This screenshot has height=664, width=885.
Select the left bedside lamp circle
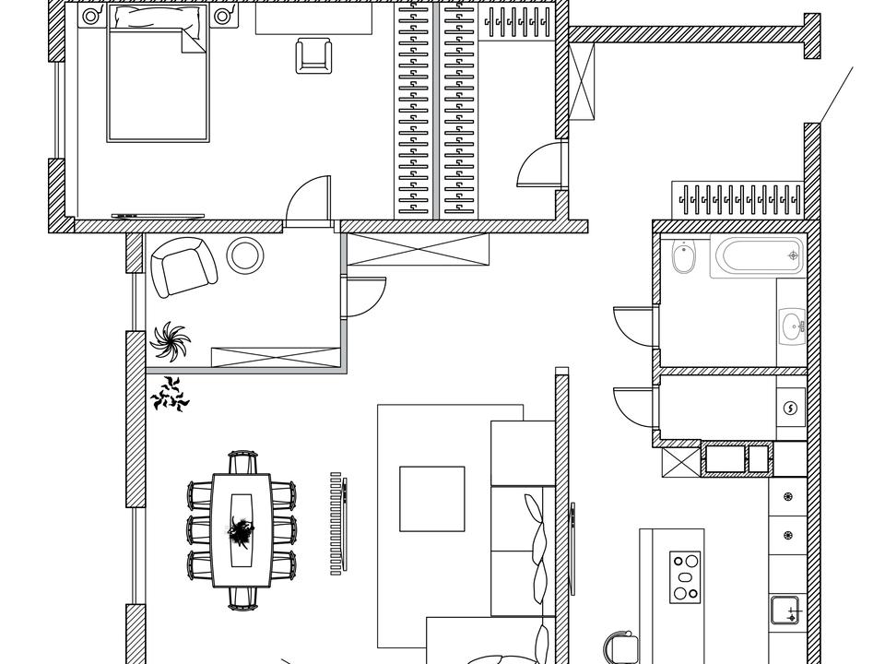[x=90, y=16]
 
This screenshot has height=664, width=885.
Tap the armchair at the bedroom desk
[x=313, y=55]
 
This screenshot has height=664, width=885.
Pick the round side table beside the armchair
[x=245, y=255]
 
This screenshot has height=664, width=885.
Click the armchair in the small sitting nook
[x=183, y=267]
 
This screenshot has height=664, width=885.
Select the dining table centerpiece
[x=242, y=530]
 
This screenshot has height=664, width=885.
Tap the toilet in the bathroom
[x=683, y=258]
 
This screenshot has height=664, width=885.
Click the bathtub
[x=757, y=255]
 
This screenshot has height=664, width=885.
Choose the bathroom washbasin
[x=791, y=325]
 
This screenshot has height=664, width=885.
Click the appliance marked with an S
[x=790, y=409]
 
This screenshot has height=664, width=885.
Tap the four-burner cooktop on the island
[x=685, y=576]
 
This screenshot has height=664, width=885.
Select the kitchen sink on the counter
[x=785, y=610]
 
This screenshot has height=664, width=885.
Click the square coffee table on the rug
[x=431, y=499]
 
